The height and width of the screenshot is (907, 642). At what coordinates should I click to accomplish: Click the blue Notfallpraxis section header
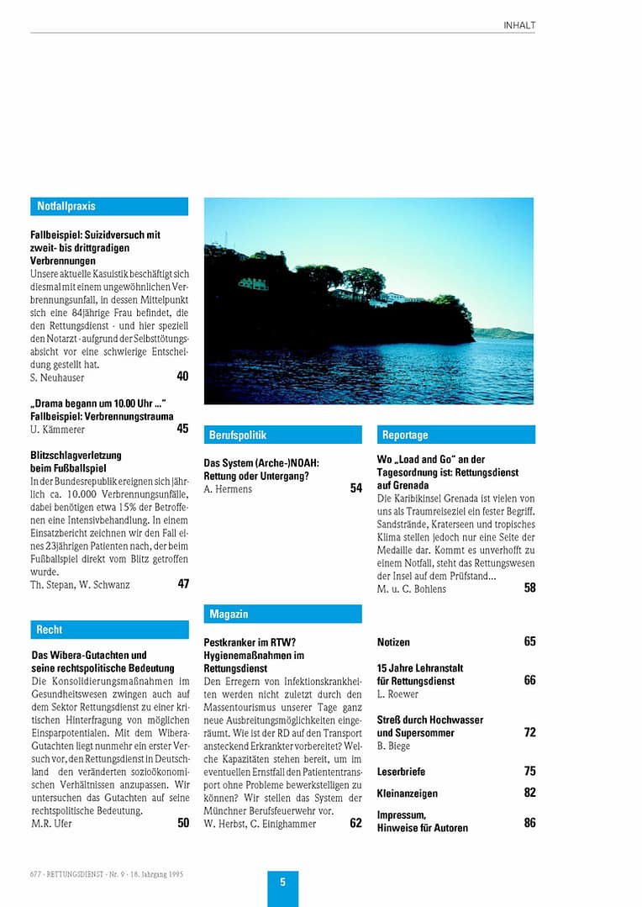pyautogui.click(x=109, y=206)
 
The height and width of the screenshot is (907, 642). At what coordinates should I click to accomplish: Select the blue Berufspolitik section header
pyautogui.click(x=282, y=435)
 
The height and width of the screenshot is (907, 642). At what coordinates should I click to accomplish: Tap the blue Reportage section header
pyautogui.click(x=455, y=435)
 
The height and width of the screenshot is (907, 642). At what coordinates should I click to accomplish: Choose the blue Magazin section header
pyautogui.click(x=282, y=614)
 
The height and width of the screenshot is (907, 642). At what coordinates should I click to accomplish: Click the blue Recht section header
pyautogui.click(x=109, y=630)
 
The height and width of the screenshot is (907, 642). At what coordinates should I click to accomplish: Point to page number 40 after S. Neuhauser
pyautogui.click(x=182, y=377)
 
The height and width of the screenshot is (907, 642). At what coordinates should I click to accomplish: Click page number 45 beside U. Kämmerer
pyautogui.click(x=182, y=429)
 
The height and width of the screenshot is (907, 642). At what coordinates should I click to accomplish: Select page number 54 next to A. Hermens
pyautogui.click(x=356, y=488)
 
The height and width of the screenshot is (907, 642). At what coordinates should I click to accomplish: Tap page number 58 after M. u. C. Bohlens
pyautogui.click(x=529, y=588)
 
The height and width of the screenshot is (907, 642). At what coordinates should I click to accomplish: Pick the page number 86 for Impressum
pyautogui.click(x=529, y=823)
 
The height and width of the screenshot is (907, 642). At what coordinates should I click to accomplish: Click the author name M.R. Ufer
pyautogui.click(x=51, y=824)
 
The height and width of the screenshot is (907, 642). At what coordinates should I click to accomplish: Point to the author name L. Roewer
pyautogui.click(x=397, y=694)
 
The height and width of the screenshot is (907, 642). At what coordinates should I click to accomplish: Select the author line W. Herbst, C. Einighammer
pyautogui.click(x=260, y=824)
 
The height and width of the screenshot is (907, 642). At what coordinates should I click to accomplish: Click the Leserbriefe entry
pyautogui.click(x=401, y=772)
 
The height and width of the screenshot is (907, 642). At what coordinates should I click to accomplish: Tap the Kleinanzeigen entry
pyautogui.click(x=407, y=794)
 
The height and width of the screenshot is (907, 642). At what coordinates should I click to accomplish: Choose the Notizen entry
pyautogui.click(x=393, y=642)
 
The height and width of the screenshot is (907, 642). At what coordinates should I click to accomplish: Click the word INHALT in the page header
pyautogui.click(x=519, y=25)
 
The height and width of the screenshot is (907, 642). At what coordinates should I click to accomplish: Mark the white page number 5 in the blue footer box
pyautogui.click(x=283, y=882)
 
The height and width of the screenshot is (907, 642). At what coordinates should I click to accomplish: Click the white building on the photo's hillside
pyautogui.click(x=253, y=283)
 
